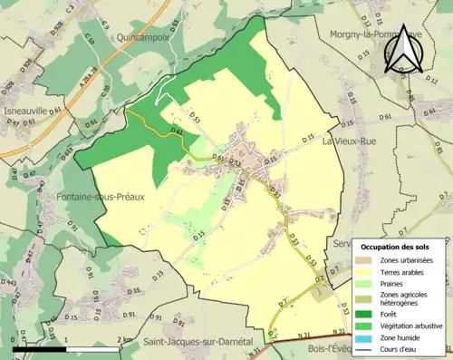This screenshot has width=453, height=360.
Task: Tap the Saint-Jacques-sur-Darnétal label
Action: pos(197,342)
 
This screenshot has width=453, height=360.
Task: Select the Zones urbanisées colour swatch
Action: pos(366,260)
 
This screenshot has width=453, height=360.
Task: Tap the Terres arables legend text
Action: pos(406,272)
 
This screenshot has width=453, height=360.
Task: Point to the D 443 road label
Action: pos(8,283)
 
